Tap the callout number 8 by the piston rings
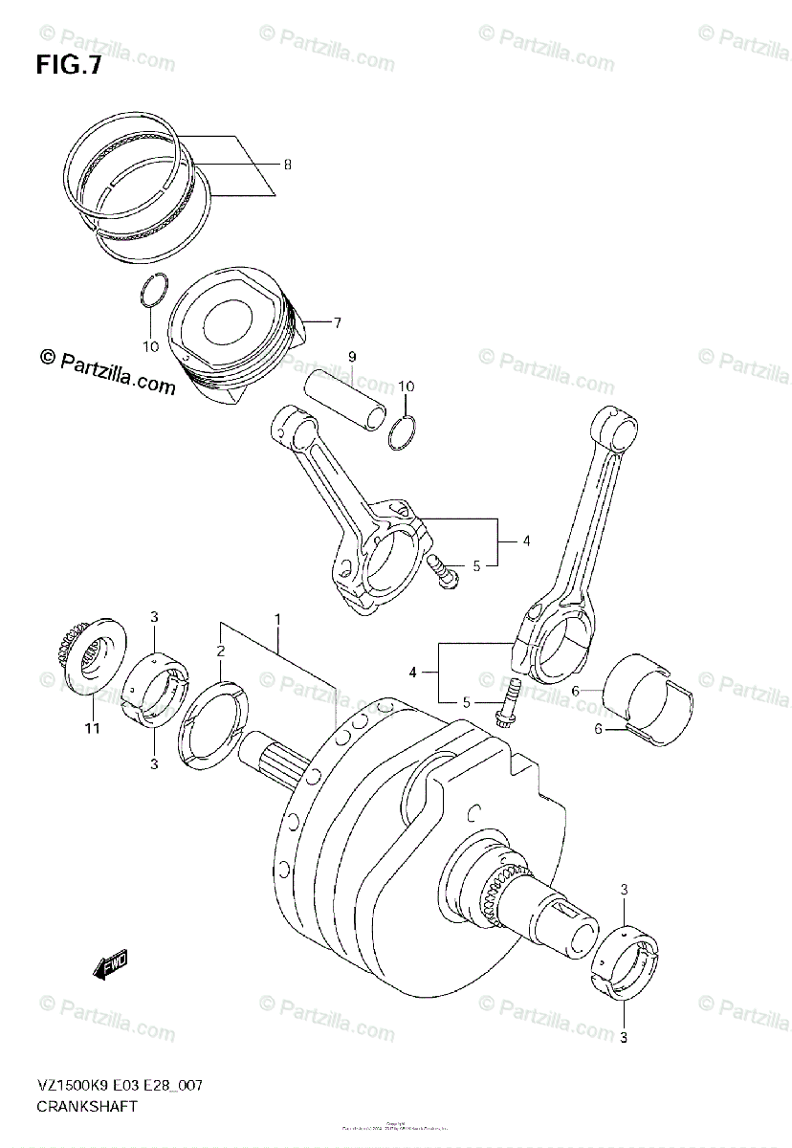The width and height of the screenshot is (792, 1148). pyautogui.click(x=287, y=165)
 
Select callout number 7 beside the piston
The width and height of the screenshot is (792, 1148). pyautogui.click(x=337, y=322)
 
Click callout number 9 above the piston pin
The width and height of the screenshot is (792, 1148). pyautogui.click(x=352, y=357)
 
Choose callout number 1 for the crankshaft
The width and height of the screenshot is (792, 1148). pyautogui.click(x=278, y=619)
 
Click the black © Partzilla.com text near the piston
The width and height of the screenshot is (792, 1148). pyautogui.click(x=107, y=372)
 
